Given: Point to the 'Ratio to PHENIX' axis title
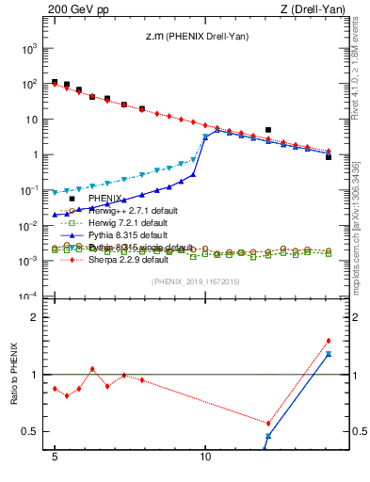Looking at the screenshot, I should pos(16,374).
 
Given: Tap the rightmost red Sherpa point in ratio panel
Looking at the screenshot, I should pos(329,341).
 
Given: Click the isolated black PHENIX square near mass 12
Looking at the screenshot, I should pos(268,130).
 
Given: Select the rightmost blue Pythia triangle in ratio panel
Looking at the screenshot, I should pos(329,354).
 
